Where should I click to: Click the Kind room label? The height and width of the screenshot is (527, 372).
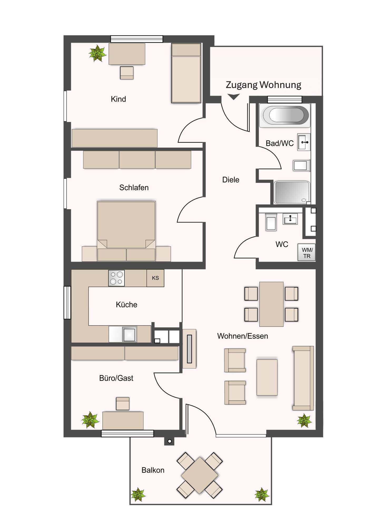pos(118,99)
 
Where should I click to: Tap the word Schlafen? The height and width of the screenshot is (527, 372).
pos(134,188)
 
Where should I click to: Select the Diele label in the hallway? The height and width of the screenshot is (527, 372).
pos(231,180)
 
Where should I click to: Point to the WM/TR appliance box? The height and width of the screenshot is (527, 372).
pos(306,252)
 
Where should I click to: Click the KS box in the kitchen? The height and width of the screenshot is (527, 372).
pos(155,278)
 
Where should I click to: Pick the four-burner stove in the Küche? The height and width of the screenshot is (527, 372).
pos(116,278)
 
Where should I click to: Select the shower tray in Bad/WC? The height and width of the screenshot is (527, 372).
pos(292,192)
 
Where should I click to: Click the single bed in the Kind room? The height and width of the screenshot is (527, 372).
pos(186,73)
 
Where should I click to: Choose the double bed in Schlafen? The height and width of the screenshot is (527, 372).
pos(126,231)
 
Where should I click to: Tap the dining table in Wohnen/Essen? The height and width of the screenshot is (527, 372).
pos(271,304)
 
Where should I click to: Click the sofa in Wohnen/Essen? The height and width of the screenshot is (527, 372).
pos(303,378)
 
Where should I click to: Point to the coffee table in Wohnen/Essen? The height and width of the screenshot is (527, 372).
pos(267,377)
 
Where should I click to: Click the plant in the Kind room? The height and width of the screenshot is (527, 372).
pos(97,53)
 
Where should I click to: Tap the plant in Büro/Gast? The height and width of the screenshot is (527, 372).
pos(90,420)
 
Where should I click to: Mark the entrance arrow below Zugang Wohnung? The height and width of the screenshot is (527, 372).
pos(233,97)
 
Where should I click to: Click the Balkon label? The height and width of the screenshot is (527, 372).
pos(153,470)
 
